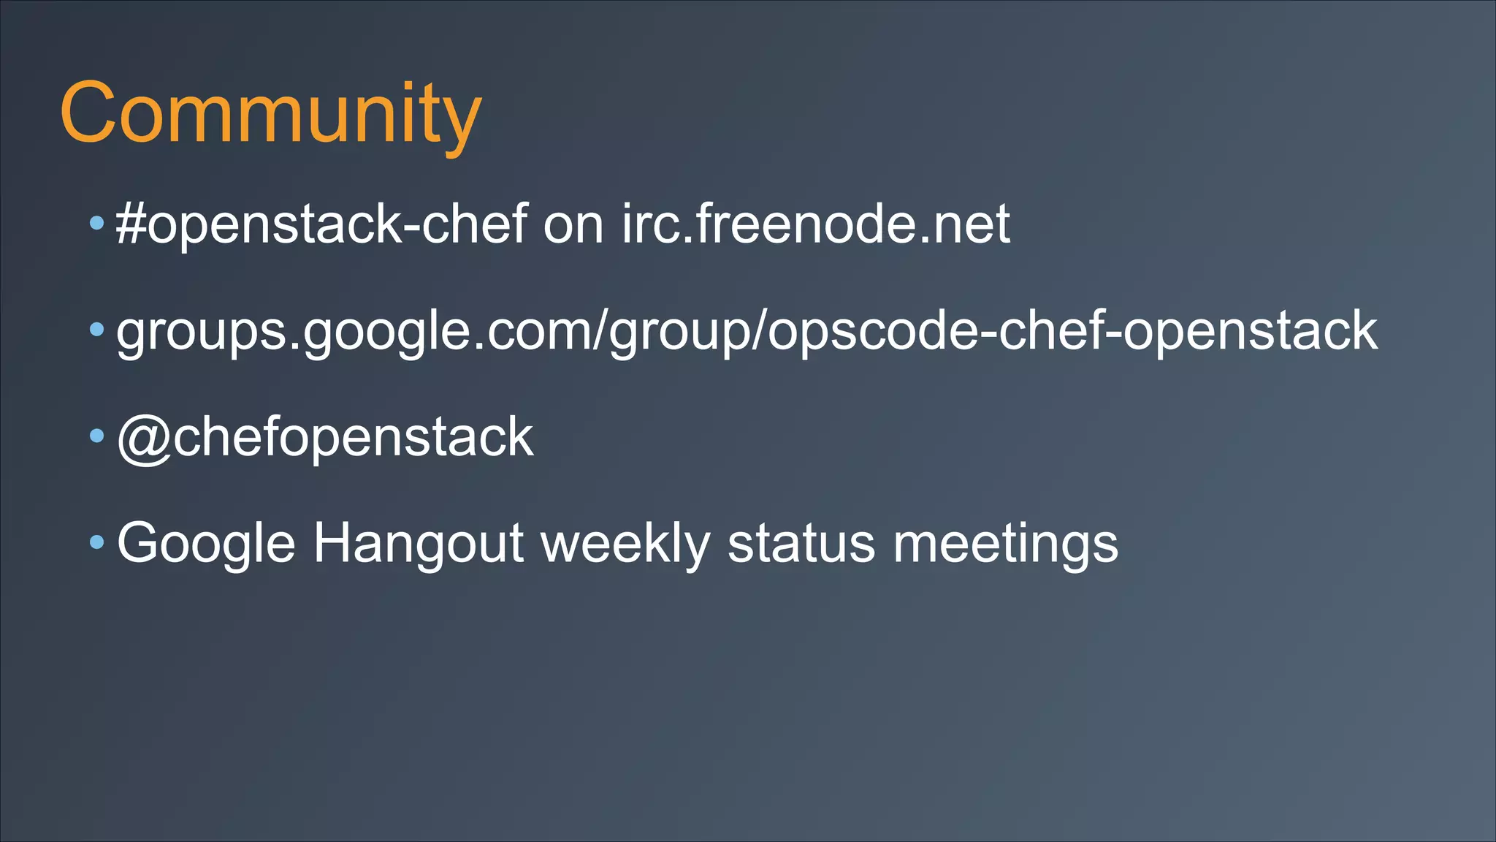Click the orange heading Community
[270, 114]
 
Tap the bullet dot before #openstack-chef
[97, 223]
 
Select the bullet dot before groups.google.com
[97, 330]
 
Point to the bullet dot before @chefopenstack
[97, 436]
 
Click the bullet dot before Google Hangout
[97, 542]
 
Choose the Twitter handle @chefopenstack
[325, 437]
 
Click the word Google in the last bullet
[206, 544]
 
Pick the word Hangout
[418, 544]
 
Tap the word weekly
[625, 544]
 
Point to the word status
[801, 544]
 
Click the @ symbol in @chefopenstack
[144, 439]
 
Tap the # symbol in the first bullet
[131, 224]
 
